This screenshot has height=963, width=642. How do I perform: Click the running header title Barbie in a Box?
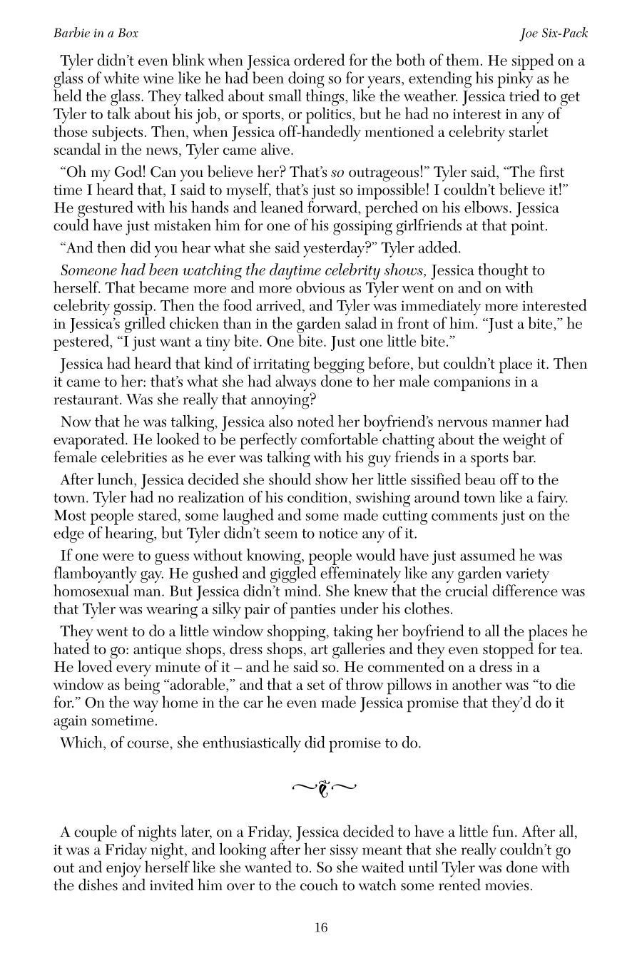[96, 34]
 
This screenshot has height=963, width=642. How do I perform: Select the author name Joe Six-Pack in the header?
[554, 34]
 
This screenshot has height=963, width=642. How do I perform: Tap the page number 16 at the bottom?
[320, 927]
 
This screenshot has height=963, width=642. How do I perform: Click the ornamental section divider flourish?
[324, 788]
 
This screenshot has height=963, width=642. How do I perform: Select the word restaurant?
[88, 399]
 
